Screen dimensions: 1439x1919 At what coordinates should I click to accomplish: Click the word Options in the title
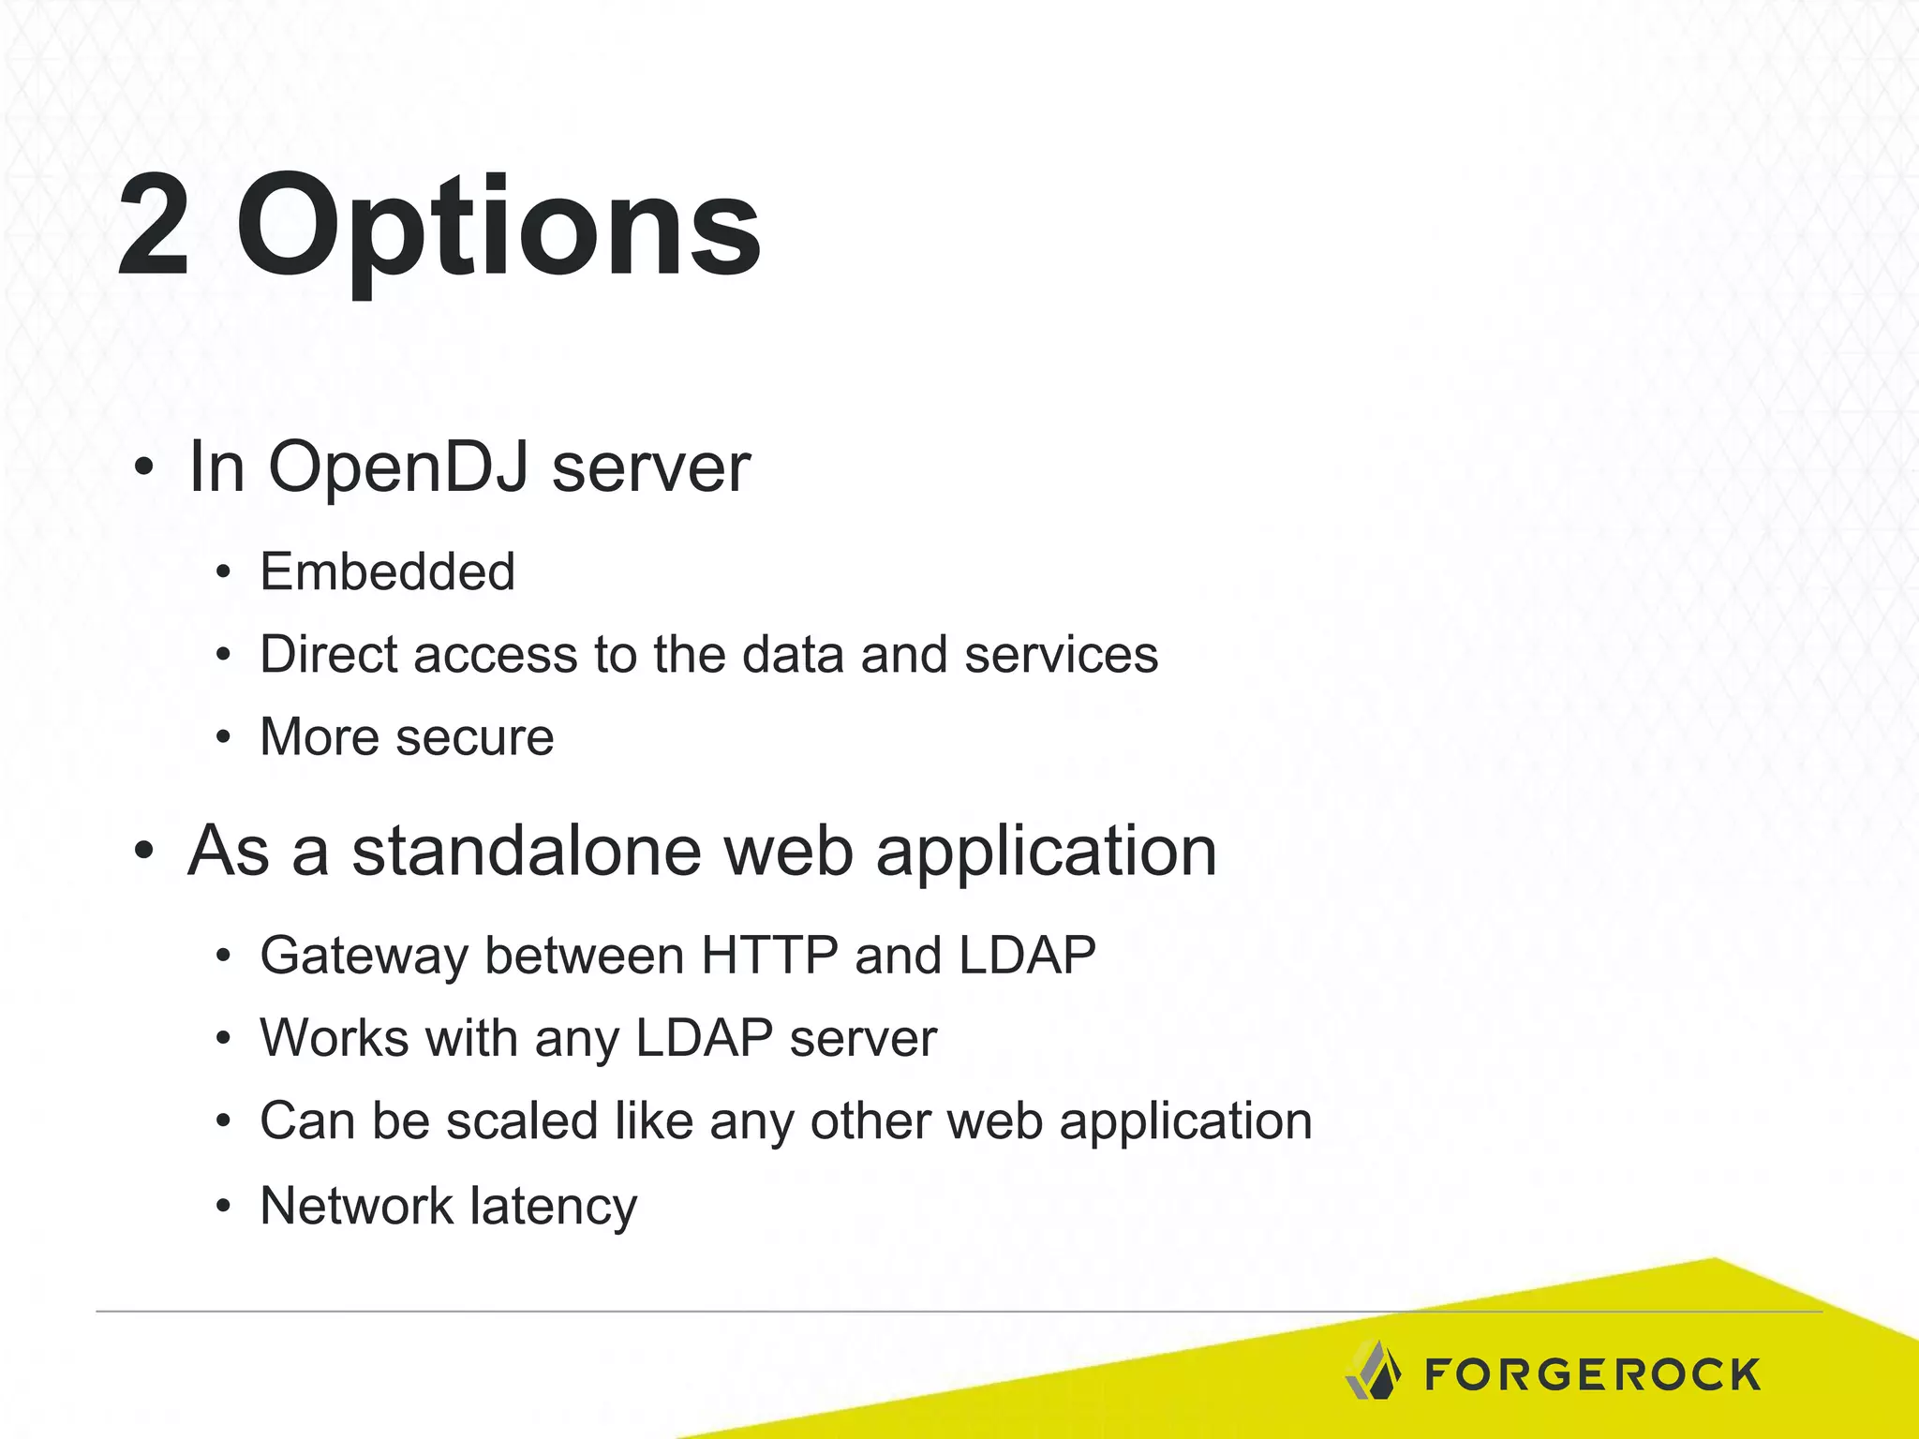pyautogui.click(x=498, y=230)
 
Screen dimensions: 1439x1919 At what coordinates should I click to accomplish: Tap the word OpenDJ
pyautogui.click(x=398, y=467)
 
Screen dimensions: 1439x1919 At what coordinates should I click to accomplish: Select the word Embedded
pyautogui.click(x=387, y=571)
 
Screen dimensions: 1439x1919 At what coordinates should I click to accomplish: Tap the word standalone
pyautogui.click(x=526, y=851)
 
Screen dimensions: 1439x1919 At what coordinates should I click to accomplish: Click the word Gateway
pyautogui.click(x=364, y=957)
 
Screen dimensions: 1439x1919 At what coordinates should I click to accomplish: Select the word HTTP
pyautogui.click(x=769, y=956)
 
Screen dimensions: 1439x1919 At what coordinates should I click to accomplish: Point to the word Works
pyautogui.click(x=335, y=1038)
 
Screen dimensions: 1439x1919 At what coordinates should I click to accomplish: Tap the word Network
pyautogui.click(x=357, y=1205)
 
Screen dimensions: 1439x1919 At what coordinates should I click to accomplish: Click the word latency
pyautogui.click(x=553, y=1207)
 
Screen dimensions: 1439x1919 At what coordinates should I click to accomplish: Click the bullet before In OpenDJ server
pyautogui.click(x=142, y=467)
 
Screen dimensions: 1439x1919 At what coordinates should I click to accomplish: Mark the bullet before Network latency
pyautogui.click(x=222, y=1207)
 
